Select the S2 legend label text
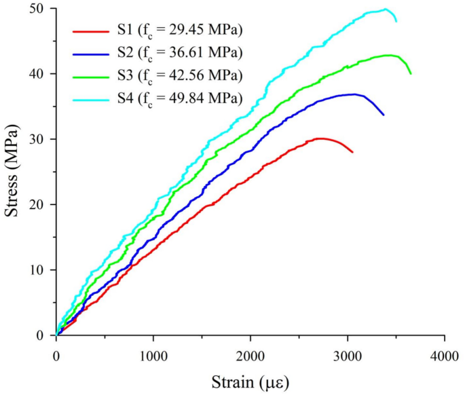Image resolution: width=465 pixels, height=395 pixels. click(x=180, y=53)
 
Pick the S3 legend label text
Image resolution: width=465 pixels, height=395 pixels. click(x=180, y=75)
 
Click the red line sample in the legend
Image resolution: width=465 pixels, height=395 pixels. click(x=92, y=31)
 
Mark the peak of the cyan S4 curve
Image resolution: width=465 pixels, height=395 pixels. click(x=386, y=10)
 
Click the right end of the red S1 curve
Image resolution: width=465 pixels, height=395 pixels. click(x=352, y=152)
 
